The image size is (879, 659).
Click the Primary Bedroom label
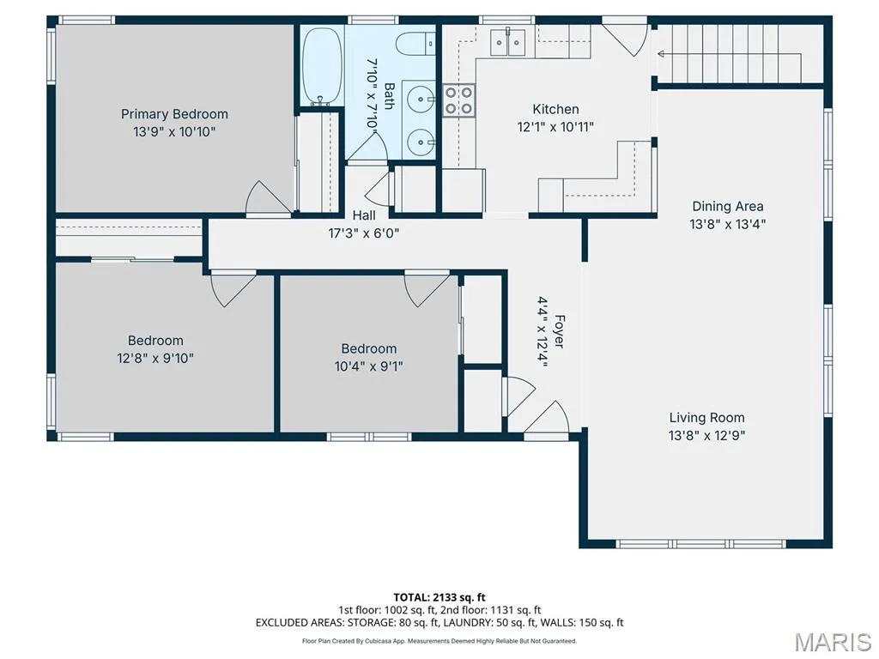(174, 114)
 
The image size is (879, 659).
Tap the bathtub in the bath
(323, 66)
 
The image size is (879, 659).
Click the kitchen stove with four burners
(458, 100)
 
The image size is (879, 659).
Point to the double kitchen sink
(508, 43)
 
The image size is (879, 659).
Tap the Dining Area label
(728, 206)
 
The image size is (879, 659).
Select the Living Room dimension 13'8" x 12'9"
(707, 435)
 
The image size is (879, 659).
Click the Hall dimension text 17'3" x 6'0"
(364, 233)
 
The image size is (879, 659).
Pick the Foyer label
(560, 332)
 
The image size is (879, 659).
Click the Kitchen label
(555, 109)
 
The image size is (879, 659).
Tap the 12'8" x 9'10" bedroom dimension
(155, 358)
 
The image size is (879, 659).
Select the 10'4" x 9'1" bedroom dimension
(369, 366)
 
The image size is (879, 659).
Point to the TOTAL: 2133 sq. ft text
(439, 597)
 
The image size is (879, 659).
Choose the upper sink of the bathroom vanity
(420, 100)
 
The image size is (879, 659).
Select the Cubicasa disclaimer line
(439, 641)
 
